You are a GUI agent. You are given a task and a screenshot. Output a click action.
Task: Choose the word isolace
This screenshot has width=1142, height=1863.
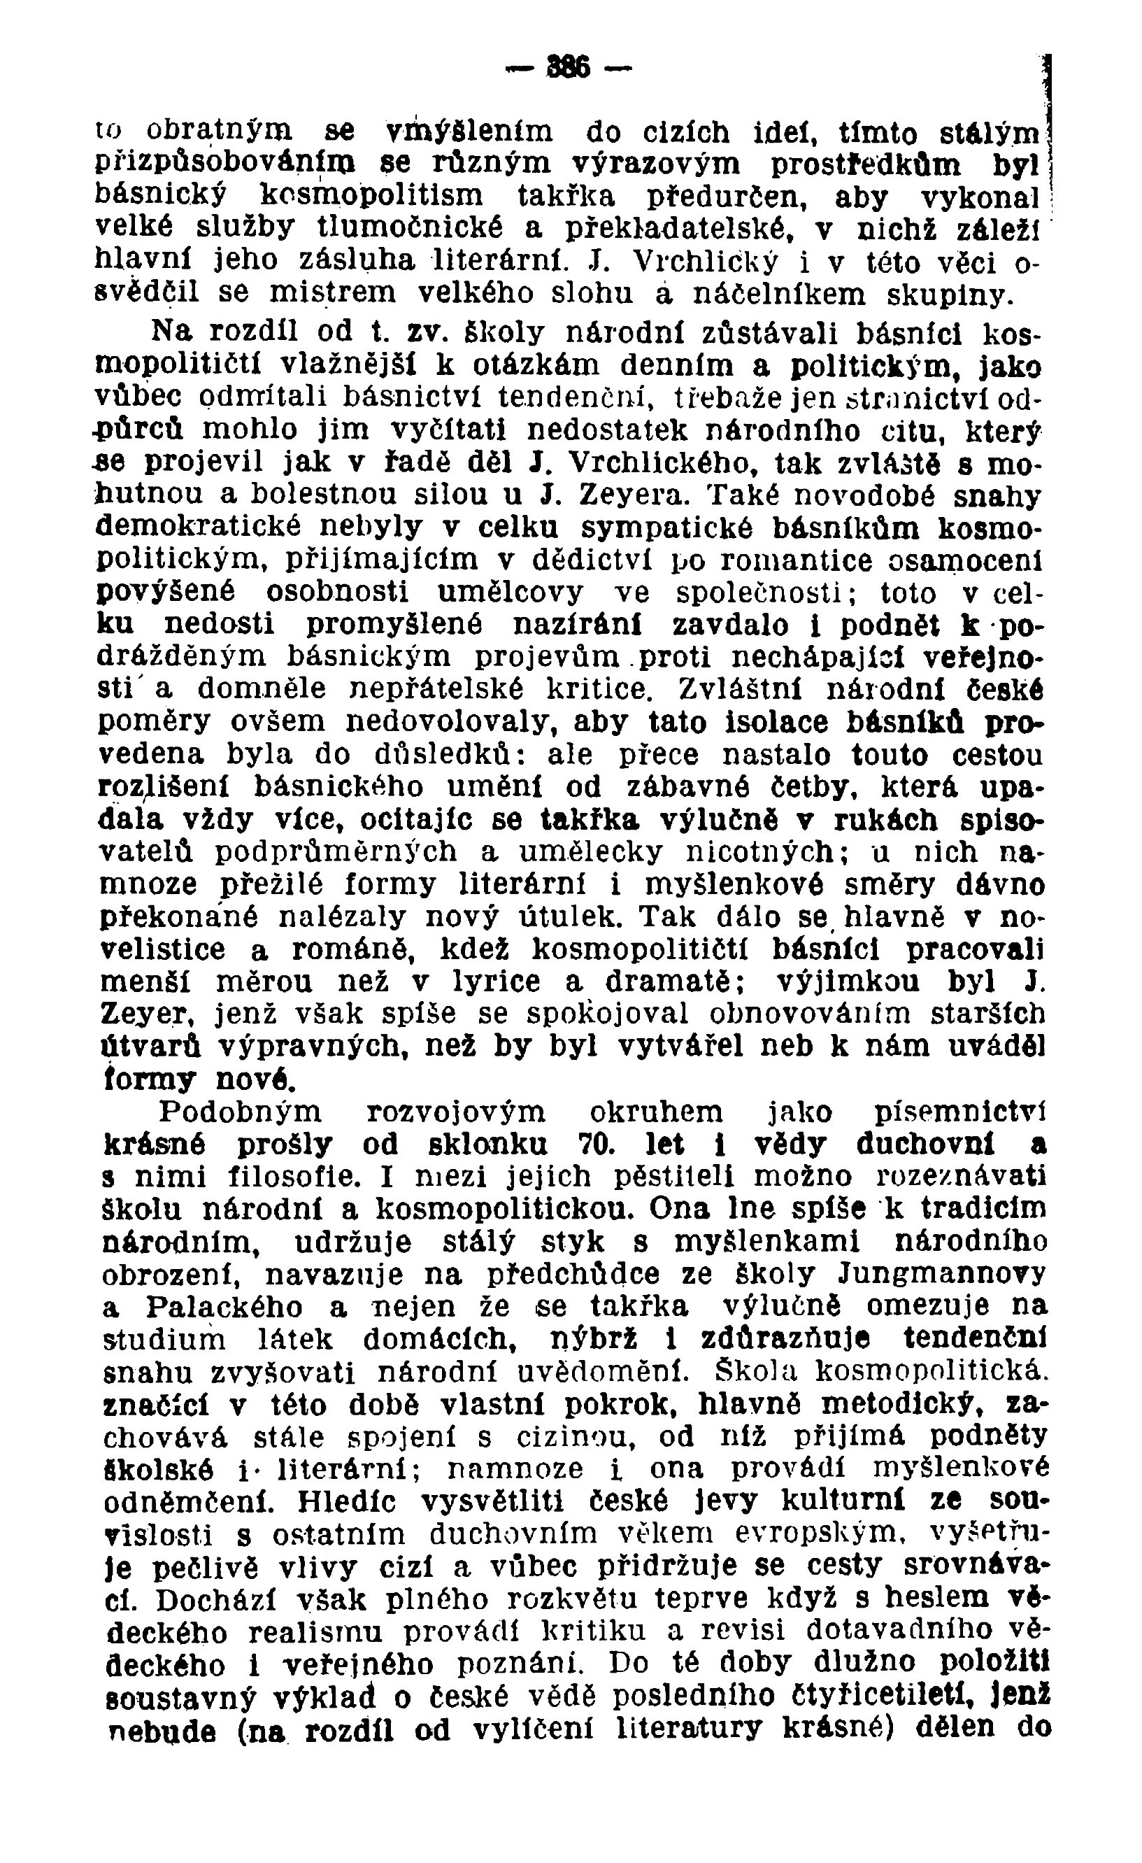762,722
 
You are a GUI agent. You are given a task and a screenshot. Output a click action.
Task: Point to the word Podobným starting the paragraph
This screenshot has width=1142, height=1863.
243,1112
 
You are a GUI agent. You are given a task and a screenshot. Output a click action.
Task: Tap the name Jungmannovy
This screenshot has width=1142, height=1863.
945,1274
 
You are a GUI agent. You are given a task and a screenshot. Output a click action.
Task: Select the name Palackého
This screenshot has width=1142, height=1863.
225,1308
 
